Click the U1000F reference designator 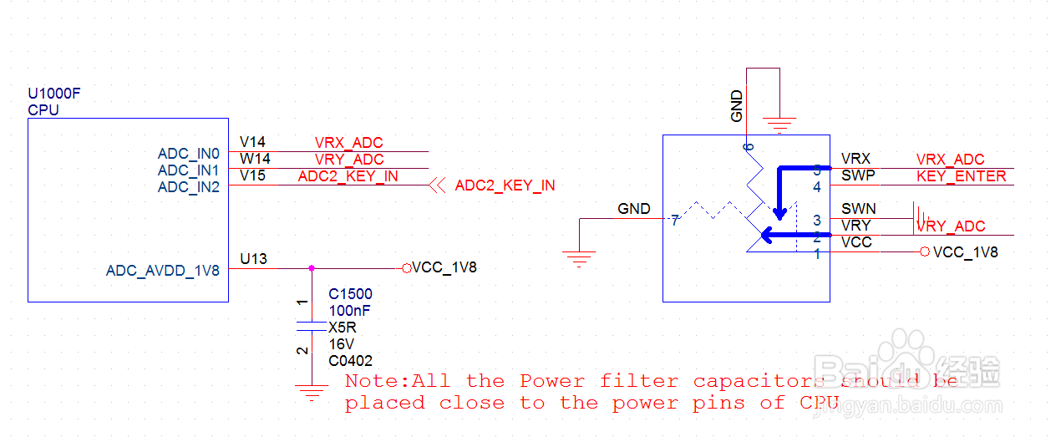pyautogui.click(x=54, y=94)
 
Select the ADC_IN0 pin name pyautogui.click(x=188, y=154)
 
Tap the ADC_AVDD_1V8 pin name pyautogui.click(x=162, y=271)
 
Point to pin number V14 pyautogui.click(x=252, y=142)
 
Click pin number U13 pyautogui.click(x=253, y=259)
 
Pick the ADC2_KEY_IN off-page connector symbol pyautogui.click(x=437, y=185)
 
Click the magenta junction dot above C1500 pyautogui.click(x=312, y=268)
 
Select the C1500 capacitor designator pyautogui.click(x=350, y=294)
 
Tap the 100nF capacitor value pyautogui.click(x=349, y=311)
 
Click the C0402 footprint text pyautogui.click(x=350, y=361)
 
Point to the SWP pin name pyautogui.click(x=858, y=176)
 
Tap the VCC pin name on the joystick pyautogui.click(x=857, y=242)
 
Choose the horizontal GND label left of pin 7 pyautogui.click(x=634, y=209)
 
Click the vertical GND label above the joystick pyautogui.click(x=737, y=107)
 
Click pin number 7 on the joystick pyautogui.click(x=674, y=221)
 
